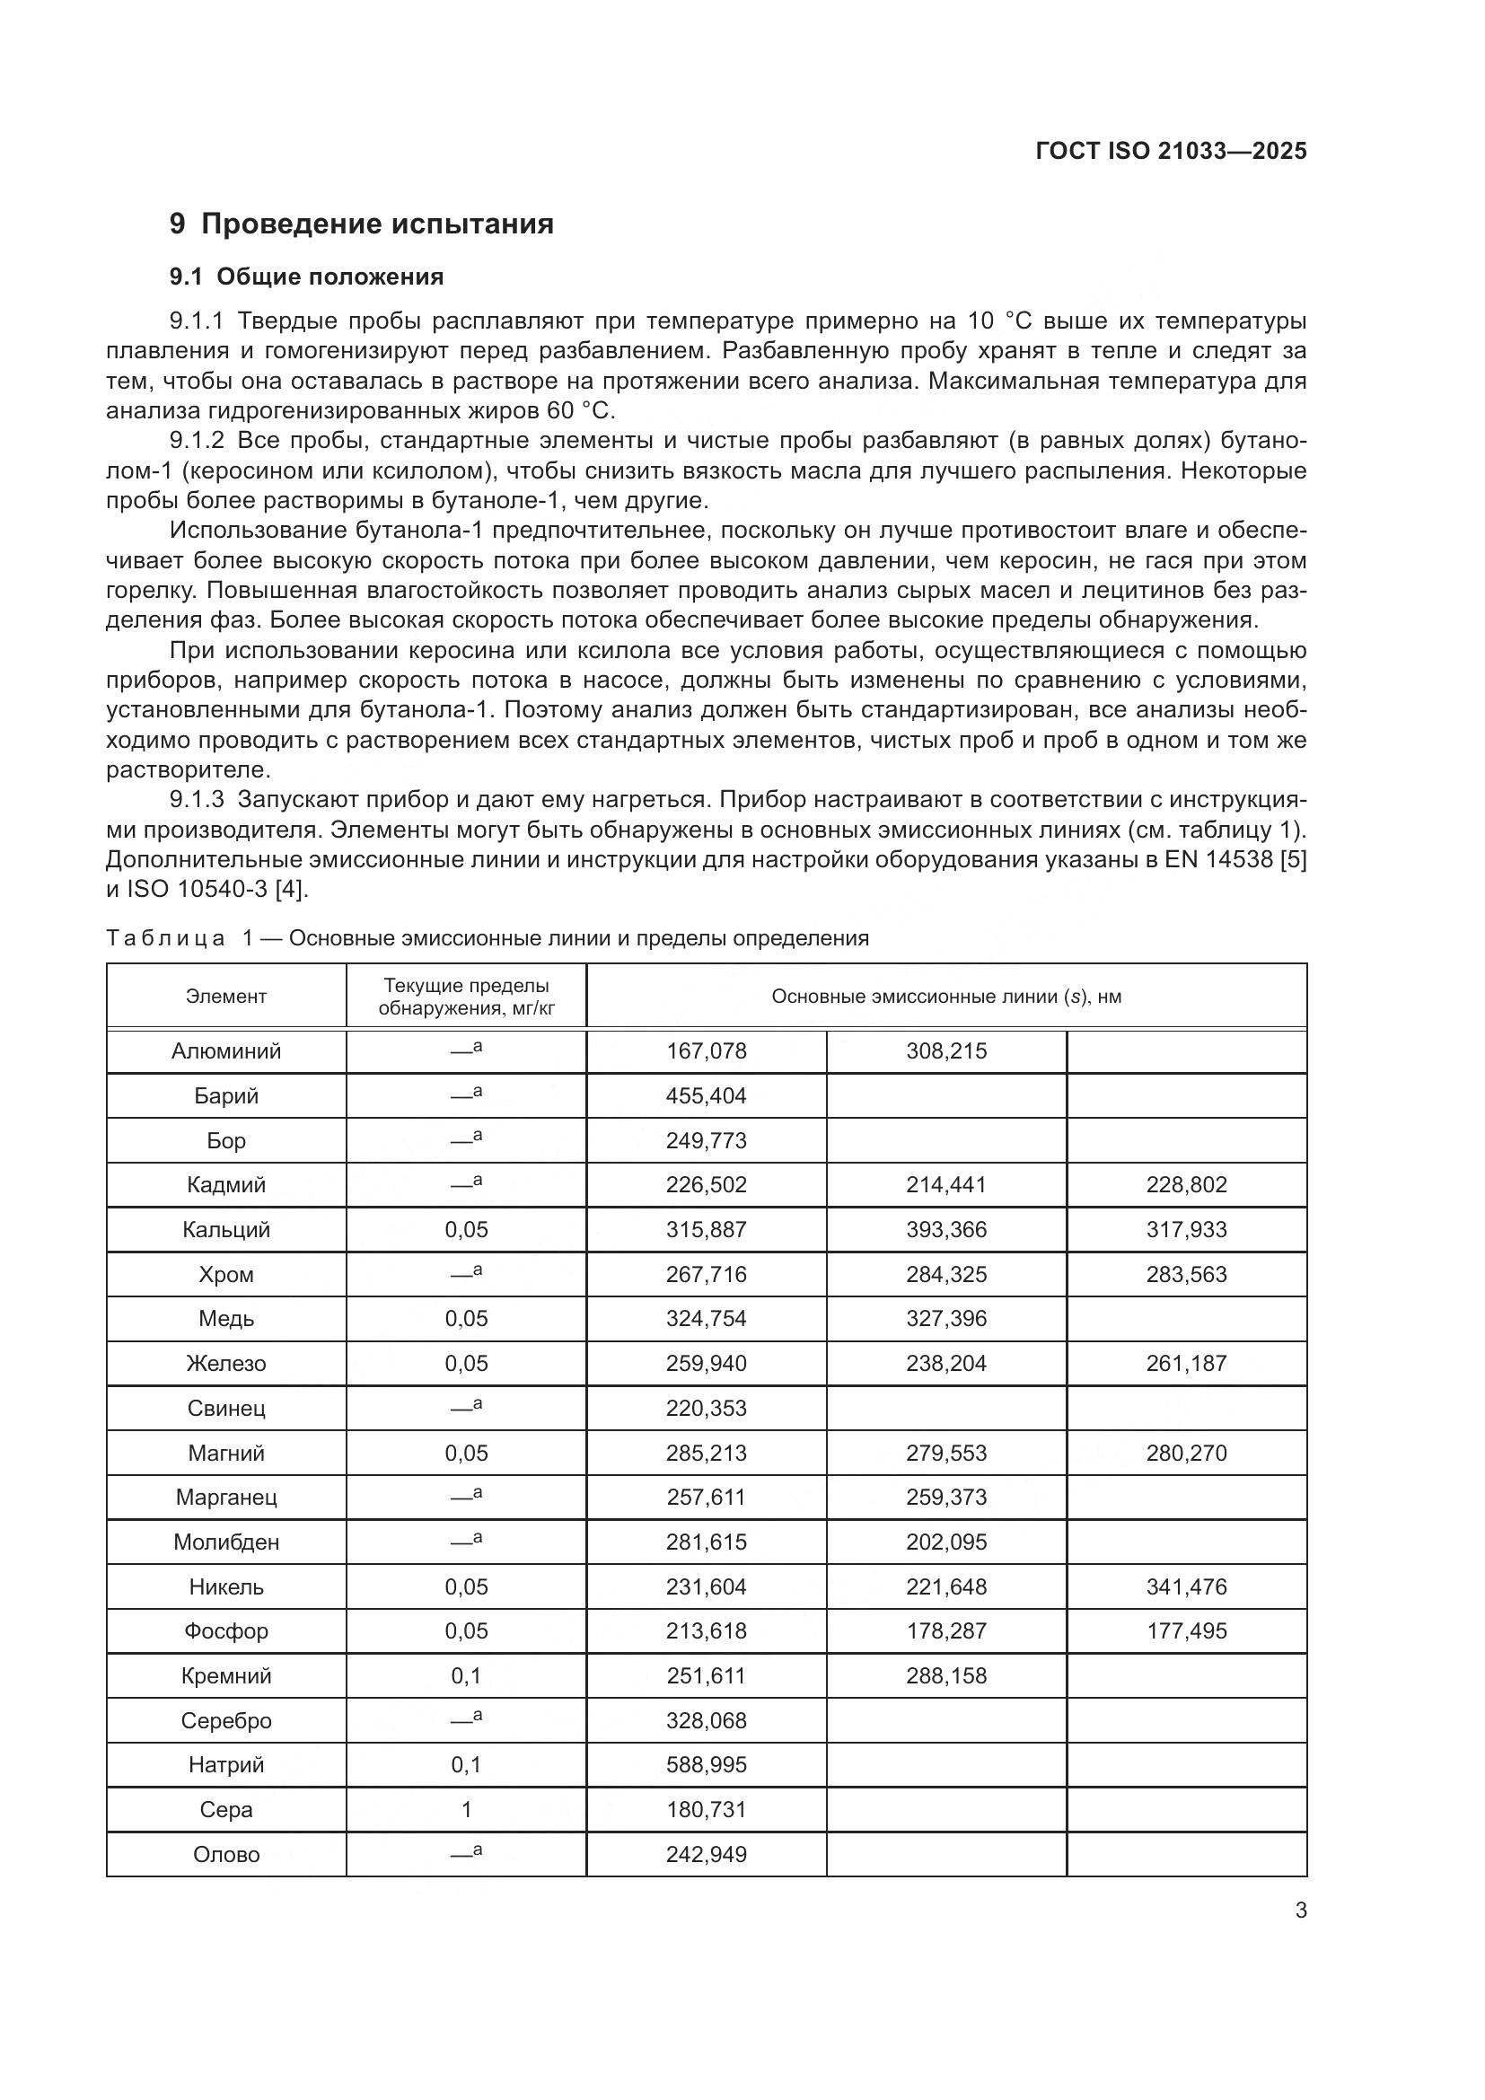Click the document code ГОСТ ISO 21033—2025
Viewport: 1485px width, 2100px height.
click(x=1171, y=151)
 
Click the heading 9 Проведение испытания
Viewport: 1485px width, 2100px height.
click(x=361, y=224)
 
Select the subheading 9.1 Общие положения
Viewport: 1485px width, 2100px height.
click(x=306, y=277)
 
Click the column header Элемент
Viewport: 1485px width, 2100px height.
click(x=226, y=996)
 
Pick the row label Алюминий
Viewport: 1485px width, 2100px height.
click(x=226, y=1051)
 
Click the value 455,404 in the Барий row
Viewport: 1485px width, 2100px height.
click(x=706, y=1095)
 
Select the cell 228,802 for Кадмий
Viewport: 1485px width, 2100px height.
click(x=1186, y=1185)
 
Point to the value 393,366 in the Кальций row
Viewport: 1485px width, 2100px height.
click(x=946, y=1229)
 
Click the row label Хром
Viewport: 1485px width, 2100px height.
click(x=226, y=1274)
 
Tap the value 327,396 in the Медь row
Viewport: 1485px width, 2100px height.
click(x=946, y=1318)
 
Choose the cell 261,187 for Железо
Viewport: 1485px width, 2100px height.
click(x=1186, y=1363)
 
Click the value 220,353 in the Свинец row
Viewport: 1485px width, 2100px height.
click(x=706, y=1408)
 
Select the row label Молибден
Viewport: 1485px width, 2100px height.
click(x=226, y=1542)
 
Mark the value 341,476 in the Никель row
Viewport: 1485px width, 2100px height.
click(x=1186, y=1586)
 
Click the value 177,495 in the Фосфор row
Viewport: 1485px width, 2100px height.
click(x=1186, y=1630)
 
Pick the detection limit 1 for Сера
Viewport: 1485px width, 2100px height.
click(x=466, y=1809)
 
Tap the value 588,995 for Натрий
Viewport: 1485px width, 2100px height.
click(x=706, y=1764)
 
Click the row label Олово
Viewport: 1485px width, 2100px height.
click(x=226, y=1854)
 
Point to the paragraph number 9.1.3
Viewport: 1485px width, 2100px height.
click(x=197, y=800)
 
